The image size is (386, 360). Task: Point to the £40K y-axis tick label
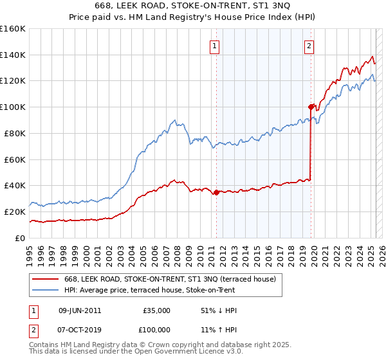pyautogui.click(x=14, y=186)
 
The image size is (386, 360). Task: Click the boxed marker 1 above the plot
pyautogui.click(x=214, y=46)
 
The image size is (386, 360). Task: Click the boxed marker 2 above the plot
pyautogui.click(x=309, y=46)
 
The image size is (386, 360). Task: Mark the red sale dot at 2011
pyautogui.click(x=216, y=192)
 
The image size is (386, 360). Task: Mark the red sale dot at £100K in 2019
pyautogui.click(x=311, y=107)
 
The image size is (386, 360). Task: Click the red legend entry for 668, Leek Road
pyautogui.click(x=170, y=279)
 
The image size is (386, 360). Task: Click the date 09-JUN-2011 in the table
pyautogui.click(x=80, y=310)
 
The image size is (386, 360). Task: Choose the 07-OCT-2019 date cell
pyautogui.click(x=80, y=329)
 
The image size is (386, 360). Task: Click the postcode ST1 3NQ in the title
pyautogui.click(x=273, y=5)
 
